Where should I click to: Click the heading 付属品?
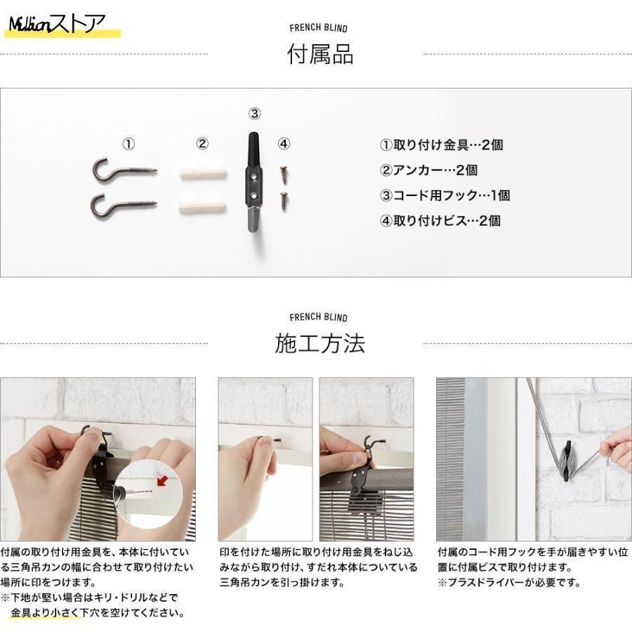pyautogui.click(x=320, y=54)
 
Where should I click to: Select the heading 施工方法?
pyautogui.click(x=320, y=343)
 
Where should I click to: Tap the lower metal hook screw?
pyautogui.click(x=124, y=206)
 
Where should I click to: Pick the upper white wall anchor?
pyautogui.click(x=202, y=170)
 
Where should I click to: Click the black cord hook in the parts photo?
pyautogui.click(x=254, y=183)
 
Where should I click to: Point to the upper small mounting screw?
pyautogui.click(x=284, y=173)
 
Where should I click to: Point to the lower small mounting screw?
pyautogui.click(x=284, y=201)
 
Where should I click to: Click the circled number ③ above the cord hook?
pyautogui.click(x=254, y=114)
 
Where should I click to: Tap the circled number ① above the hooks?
pyautogui.click(x=129, y=144)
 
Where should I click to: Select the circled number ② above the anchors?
pyautogui.click(x=202, y=143)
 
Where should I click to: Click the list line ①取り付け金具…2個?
pyautogui.click(x=442, y=145)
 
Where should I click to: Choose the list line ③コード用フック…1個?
pyautogui.click(x=445, y=195)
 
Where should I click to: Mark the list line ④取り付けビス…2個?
pyautogui.click(x=440, y=221)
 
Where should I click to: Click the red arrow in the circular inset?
pyautogui.click(x=162, y=480)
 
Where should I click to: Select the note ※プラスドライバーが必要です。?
pyautogui.click(x=510, y=583)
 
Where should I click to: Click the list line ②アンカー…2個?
pyautogui.click(x=428, y=170)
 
